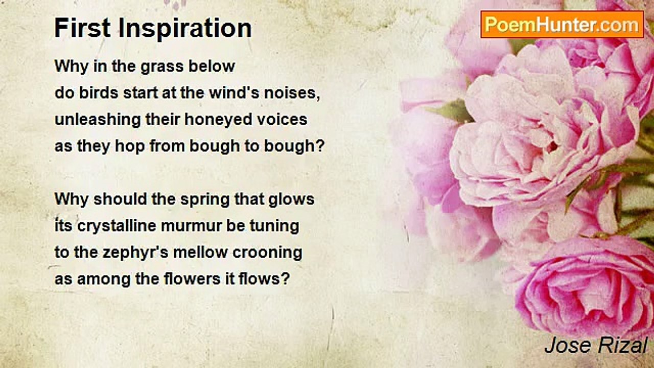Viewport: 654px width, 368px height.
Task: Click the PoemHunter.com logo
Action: click(562, 25)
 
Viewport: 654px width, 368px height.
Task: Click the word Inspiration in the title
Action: click(185, 28)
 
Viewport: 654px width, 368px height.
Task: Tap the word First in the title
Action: click(83, 28)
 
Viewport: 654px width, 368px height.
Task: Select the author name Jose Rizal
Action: click(596, 346)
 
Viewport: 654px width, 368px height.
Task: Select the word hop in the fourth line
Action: click(130, 147)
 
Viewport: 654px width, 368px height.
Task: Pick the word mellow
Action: click(200, 252)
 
